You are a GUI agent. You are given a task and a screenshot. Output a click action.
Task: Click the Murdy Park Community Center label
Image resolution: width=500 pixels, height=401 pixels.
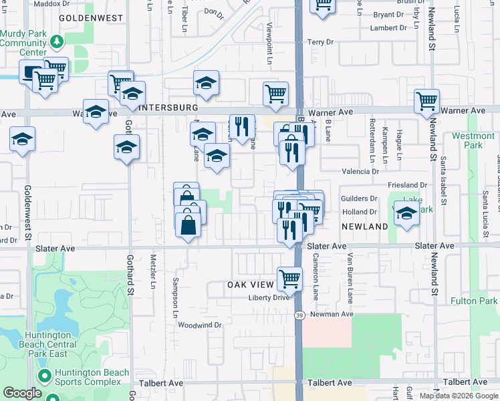point(23,42)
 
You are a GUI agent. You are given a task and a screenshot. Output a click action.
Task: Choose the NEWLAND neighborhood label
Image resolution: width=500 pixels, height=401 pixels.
point(365,227)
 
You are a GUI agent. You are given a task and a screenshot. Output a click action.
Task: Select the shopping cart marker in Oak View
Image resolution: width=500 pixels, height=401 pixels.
point(289,277)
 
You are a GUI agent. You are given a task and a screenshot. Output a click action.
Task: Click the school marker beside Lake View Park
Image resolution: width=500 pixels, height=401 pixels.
point(406,214)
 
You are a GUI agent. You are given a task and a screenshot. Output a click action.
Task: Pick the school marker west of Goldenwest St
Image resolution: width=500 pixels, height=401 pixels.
point(22,139)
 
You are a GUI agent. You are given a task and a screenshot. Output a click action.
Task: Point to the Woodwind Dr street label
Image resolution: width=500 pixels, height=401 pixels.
point(199,325)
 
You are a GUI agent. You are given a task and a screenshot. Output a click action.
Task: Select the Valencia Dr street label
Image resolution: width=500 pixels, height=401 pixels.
point(360,172)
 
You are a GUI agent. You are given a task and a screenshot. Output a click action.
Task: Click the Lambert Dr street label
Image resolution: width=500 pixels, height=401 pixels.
point(388,28)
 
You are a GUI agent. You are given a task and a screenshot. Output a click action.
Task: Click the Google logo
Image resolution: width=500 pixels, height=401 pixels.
point(23,393)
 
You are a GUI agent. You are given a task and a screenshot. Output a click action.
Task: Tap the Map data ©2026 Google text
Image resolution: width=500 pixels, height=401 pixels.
point(458,396)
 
